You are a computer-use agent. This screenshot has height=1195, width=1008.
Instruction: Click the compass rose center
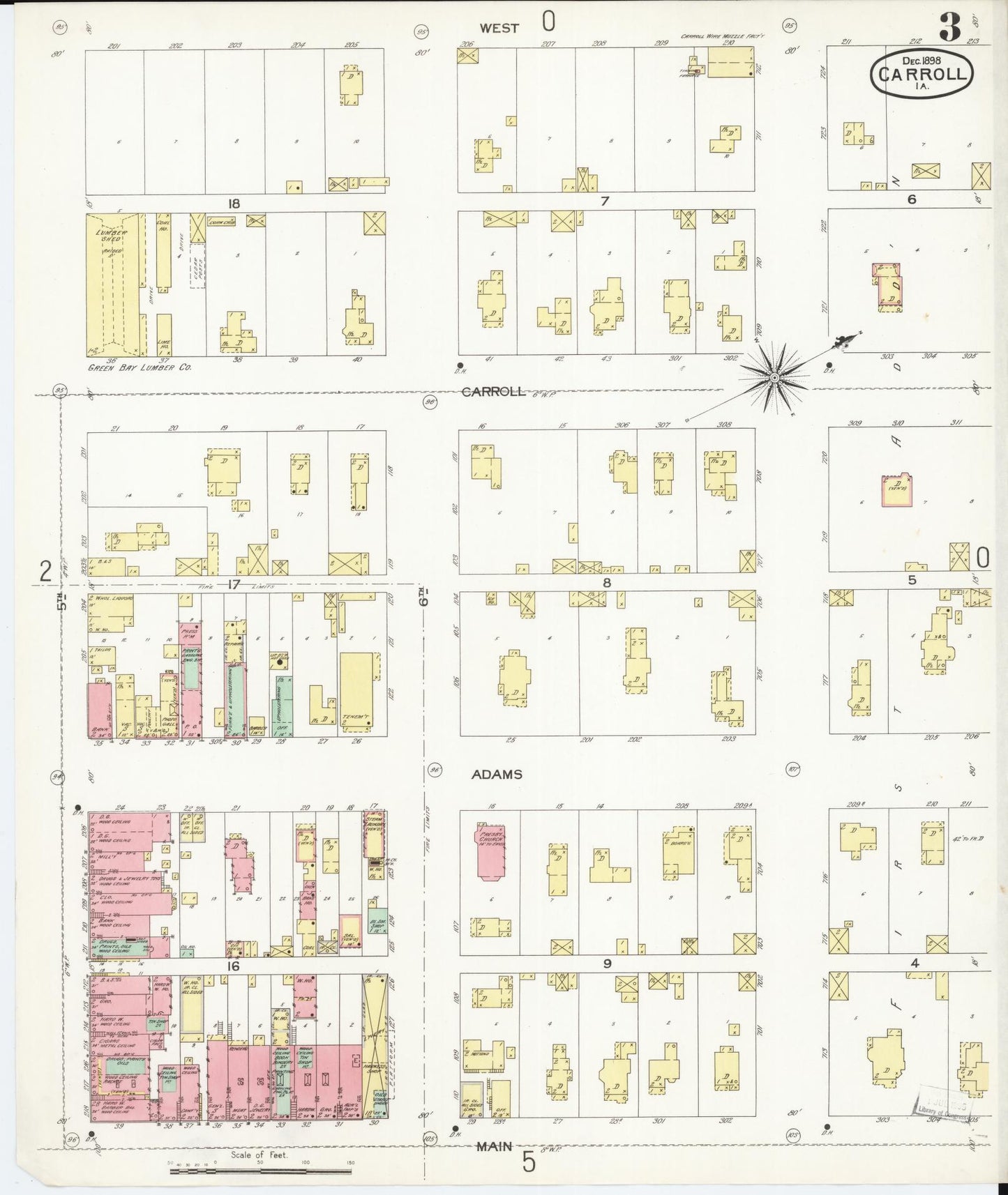tap(774, 377)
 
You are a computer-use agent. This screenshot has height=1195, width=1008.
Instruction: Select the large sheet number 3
tap(949, 28)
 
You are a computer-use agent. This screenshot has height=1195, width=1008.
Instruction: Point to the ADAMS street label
tap(496, 774)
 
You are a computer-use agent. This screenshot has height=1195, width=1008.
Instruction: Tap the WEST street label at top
tap(499, 28)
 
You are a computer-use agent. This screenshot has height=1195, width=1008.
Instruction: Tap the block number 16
tap(232, 966)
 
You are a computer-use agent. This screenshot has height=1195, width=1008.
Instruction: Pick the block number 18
tap(232, 203)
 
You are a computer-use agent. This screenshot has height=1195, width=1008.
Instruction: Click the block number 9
tap(607, 964)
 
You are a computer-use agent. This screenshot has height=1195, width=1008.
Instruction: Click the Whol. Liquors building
tap(111, 614)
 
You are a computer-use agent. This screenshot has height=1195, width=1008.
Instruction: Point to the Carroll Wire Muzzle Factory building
tap(730, 61)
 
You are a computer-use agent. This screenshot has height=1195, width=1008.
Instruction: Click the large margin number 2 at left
tap(45, 572)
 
